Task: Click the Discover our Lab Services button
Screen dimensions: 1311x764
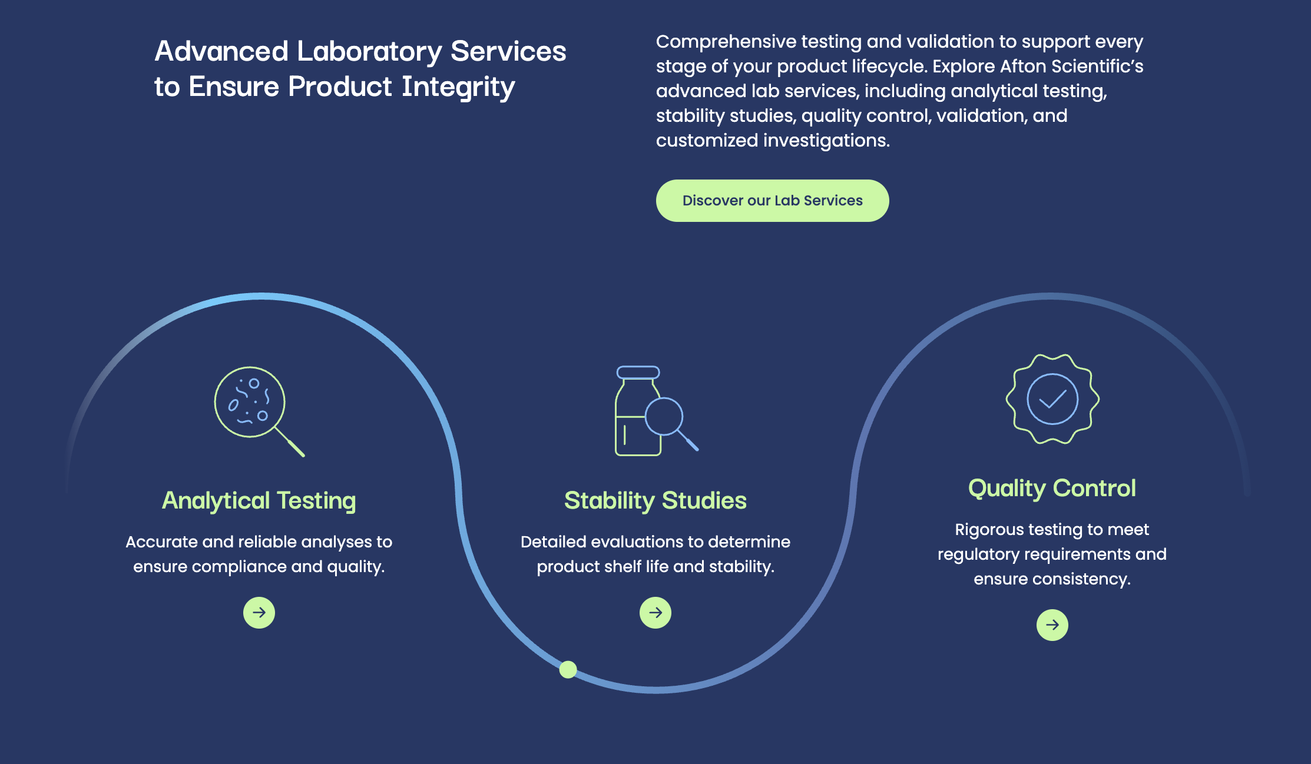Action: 772,201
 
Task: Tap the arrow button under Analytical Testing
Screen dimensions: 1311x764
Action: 259,613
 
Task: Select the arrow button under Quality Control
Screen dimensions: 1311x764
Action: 1052,625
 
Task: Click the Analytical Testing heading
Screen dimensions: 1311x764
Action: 259,501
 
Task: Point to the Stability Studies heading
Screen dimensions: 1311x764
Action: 655,501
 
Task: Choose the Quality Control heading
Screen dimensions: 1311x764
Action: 1052,489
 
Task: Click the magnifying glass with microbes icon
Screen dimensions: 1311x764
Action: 259,411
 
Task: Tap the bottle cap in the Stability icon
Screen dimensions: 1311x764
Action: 638,373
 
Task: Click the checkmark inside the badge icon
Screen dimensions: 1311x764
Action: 1053,400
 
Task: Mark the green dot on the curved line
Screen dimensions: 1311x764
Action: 568,670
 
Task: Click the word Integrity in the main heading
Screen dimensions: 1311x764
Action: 458,87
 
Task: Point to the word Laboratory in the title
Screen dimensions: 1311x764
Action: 369,52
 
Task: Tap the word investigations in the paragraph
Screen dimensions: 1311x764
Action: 826,141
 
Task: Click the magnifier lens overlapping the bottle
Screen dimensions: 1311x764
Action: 664,417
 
